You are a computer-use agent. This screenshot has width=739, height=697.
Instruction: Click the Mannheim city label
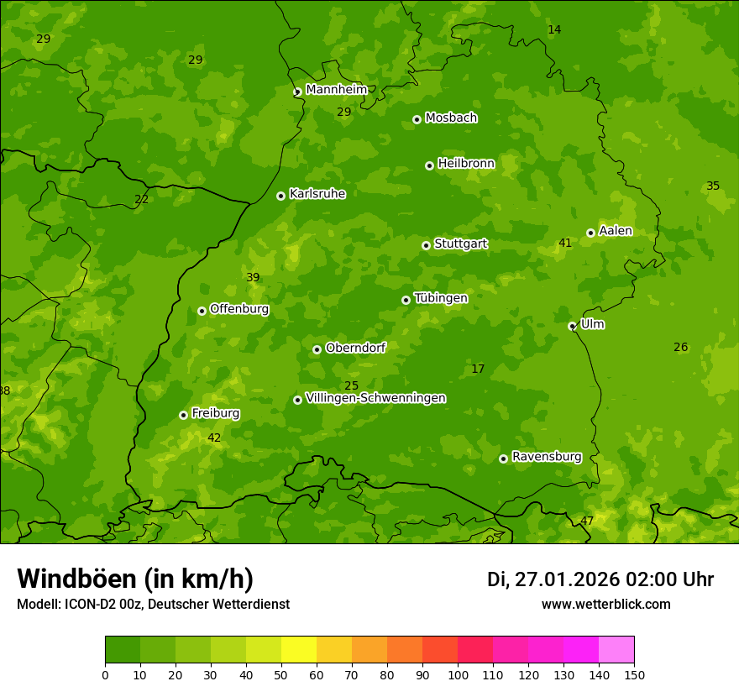click(336, 90)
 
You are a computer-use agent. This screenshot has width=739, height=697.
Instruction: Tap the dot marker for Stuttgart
click(426, 245)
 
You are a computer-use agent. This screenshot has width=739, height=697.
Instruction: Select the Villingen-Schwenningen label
click(375, 398)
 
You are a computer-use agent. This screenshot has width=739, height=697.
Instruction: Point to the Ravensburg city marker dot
click(503, 459)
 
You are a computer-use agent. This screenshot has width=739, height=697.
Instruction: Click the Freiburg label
click(215, 413)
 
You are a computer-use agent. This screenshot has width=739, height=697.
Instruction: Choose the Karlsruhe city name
click(317, 194)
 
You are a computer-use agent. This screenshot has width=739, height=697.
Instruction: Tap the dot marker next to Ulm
click(572, 326)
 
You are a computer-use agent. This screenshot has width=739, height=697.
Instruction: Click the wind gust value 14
click(554, 30)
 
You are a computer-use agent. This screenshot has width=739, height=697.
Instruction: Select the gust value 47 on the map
click(587, 521)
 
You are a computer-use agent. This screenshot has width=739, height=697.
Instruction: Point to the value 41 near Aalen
click(565, 244)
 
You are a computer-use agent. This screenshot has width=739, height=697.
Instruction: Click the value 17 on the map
click(478, 369)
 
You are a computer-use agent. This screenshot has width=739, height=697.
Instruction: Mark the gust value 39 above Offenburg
click(253, 278)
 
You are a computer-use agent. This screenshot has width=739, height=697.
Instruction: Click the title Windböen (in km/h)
click(135, 579)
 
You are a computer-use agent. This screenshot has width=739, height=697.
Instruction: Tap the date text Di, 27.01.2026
click(553, 579)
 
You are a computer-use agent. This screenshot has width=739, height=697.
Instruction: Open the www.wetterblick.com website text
click(605, 605)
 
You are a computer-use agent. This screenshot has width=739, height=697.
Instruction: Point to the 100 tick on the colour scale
click(458, 674)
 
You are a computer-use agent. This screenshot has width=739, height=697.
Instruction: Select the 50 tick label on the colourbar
click(281, 674)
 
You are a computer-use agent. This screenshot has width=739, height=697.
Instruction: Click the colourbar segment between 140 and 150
click(616, 650)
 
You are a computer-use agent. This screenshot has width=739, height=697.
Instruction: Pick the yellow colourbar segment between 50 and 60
click(299, 650)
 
